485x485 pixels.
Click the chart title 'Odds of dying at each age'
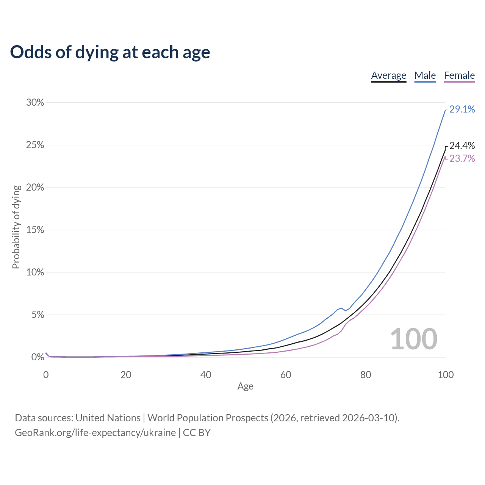pos(110,52)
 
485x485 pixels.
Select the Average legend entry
pos(388,75)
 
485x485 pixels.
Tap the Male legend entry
pos(425,75)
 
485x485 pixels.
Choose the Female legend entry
pos(459,75)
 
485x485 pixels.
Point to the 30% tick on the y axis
pos(35,103)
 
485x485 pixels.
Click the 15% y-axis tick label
pos(35,230)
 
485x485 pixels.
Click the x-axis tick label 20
pos(126,375)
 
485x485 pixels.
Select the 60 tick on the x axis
pos(286,375)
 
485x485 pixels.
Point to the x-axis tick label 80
pos(366,375)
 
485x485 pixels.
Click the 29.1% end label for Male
pos(462,110)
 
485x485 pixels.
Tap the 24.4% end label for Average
pos(462,145)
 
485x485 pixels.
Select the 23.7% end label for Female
pos(462,158)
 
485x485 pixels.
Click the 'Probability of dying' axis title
pos(16,227)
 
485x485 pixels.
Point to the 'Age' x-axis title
pos(245,386)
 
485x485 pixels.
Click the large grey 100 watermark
pos(413,339)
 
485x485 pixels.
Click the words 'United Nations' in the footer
pos(108,418)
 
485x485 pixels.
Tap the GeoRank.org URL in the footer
pos(95,432)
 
